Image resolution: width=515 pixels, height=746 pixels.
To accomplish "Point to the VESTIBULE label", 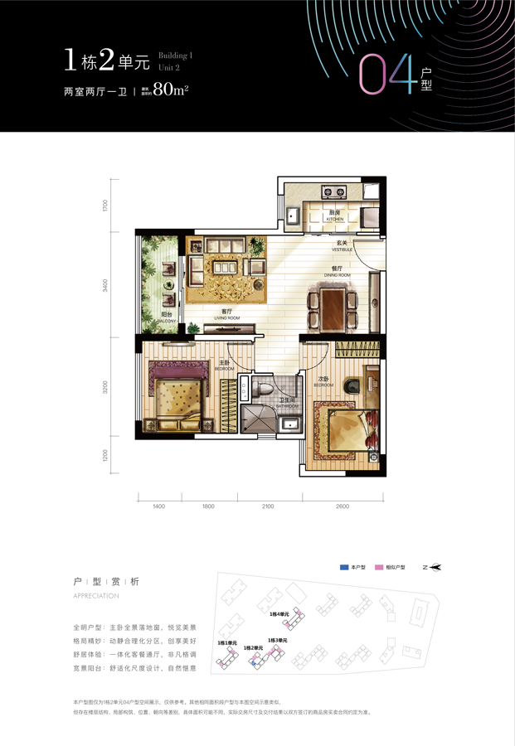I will tap(343, 245).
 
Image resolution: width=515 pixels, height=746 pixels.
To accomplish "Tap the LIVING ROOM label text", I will tap(226, 315).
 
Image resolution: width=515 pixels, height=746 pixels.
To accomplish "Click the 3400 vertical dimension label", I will tap(106, 286).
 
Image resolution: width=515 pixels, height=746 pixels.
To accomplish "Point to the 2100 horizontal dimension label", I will tap(269, 506).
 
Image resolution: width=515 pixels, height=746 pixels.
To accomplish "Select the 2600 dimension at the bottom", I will tap(342, 506).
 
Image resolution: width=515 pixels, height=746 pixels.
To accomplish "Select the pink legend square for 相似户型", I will tap(379, 568).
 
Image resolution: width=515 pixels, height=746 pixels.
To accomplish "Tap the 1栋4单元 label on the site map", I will tap(279, 614).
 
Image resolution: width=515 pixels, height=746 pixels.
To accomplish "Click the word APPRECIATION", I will tap(96, 596).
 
